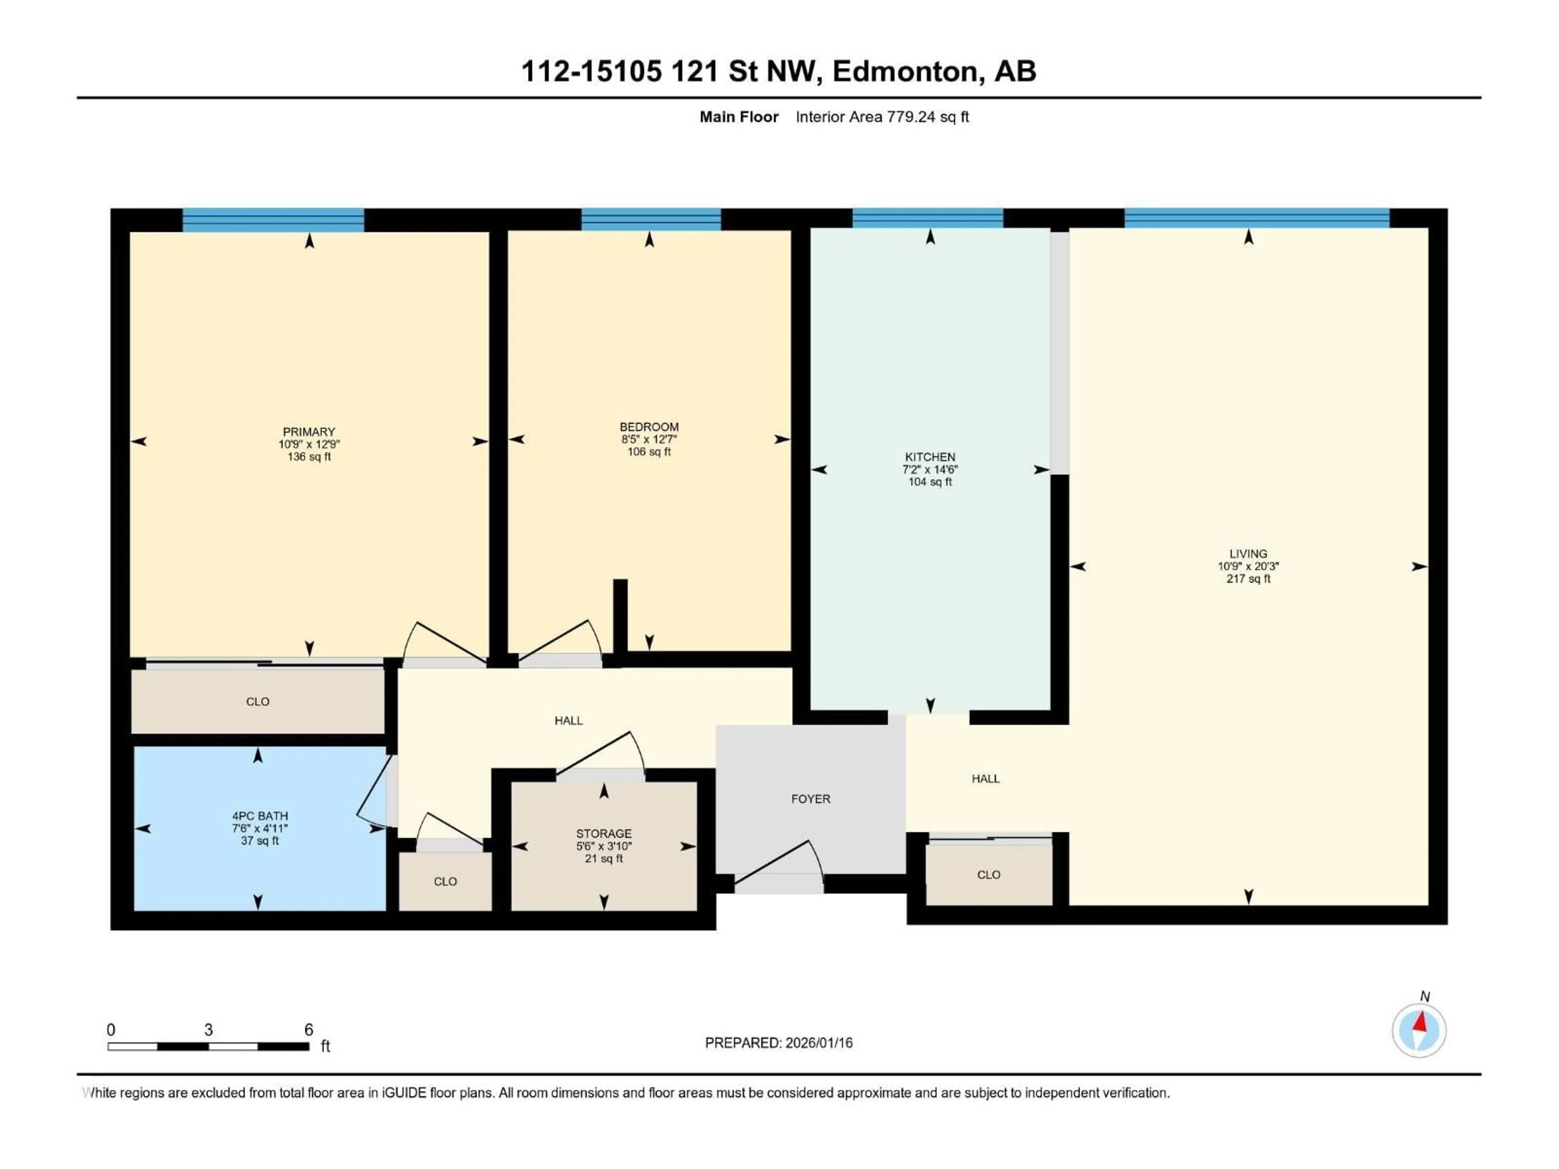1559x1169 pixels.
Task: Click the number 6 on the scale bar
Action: pyautogui.click(x=308, y=1029)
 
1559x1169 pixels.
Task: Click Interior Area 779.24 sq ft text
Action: pyautogui.click(x=882, y=117)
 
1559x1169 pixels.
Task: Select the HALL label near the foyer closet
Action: pyautogui.click(x=985, y=779)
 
